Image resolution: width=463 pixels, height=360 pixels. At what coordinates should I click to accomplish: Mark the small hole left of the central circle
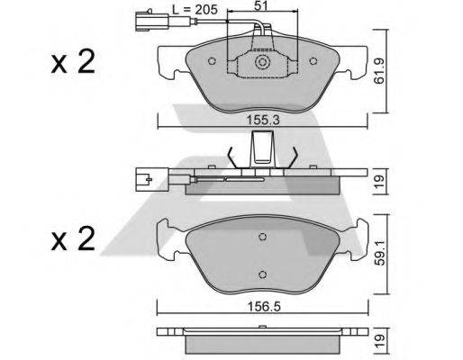point(211,63)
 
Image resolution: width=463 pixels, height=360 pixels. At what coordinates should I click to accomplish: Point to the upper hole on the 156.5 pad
point(262,238)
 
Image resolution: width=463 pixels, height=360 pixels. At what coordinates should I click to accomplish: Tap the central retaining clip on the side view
point(262,148)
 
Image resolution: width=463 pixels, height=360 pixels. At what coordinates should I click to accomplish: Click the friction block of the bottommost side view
point(262,343)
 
